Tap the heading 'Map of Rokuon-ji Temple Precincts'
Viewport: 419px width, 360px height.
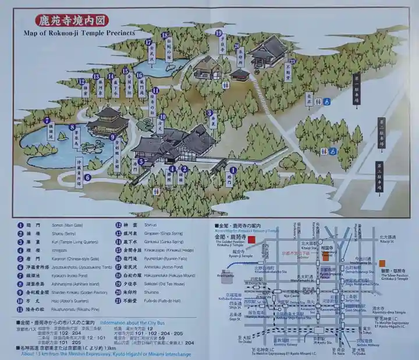pyautogui.click(x=79, y=33)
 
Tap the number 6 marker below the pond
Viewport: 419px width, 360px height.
pyautogui.click(x=87, y=177)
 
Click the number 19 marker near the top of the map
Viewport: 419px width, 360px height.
pyautogui.click(x=219, y=34)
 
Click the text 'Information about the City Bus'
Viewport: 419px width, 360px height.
pyautogui.click(x=132, y=322)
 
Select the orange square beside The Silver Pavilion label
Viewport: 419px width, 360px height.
pyautogui.click(x=382, y=263)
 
